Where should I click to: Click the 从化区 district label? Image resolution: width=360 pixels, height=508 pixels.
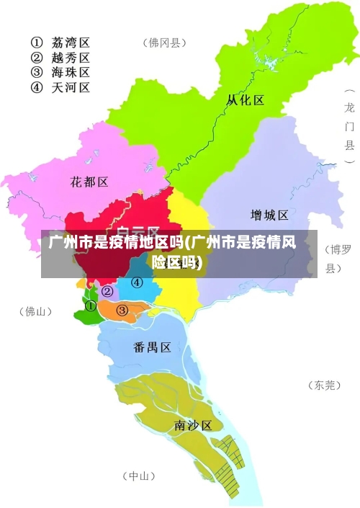point(245,99)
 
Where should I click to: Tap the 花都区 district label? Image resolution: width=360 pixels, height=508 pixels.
point(89,182)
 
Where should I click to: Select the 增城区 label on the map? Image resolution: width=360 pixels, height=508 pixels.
point(269,215)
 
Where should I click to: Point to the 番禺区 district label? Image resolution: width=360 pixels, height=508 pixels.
point(152,347)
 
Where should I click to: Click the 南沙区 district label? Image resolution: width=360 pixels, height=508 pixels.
point(193,425)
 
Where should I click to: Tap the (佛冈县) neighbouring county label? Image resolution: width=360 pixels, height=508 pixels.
point(164,43)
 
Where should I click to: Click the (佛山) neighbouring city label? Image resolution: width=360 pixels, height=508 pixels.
point(35,312)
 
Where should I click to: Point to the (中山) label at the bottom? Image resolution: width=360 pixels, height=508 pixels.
point(138,476)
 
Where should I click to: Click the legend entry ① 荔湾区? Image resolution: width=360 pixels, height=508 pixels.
point(60,41)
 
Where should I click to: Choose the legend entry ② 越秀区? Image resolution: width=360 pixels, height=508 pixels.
point(60,57)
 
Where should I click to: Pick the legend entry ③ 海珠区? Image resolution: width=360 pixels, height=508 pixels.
point(60,72)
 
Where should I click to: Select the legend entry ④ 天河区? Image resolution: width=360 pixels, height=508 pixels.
point(60,88)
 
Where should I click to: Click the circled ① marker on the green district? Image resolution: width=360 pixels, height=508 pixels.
point(91,306)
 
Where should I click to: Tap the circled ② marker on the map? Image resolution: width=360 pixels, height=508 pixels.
point(107,291)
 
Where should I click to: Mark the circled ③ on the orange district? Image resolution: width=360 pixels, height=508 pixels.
point(122,311)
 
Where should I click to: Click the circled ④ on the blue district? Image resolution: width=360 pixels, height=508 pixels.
point(136,282)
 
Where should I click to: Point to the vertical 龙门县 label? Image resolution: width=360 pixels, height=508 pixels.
point(349,126)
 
